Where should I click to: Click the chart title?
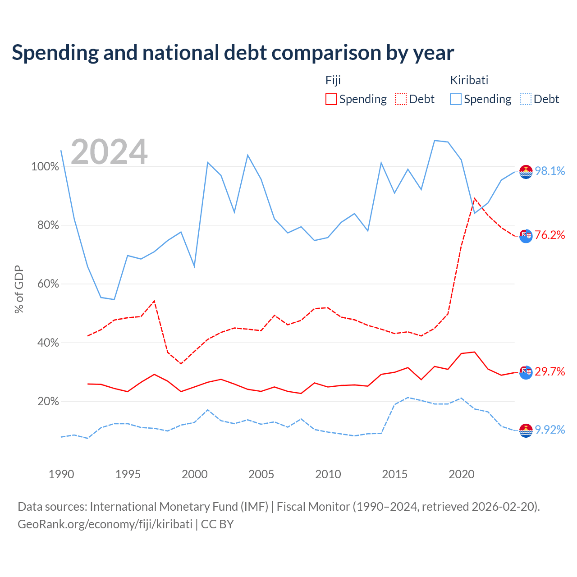(233, 53)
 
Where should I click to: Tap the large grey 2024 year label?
(109, 152)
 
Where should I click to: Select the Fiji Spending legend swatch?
(331, 99)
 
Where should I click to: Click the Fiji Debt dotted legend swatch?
(400, 99)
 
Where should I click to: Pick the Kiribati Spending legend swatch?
(455, 99)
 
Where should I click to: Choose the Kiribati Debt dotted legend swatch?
(525, 99)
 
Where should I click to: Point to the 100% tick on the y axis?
(45, 167)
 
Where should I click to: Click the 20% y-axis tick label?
(48, 401)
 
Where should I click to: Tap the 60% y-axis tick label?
(48, 284)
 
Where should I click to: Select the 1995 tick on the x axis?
(128, 474)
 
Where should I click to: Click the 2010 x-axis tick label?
(328, 474)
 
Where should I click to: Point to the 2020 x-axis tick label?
(462, 474)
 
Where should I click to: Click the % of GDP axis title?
(19, 289)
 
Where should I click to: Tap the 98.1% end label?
(550, 171)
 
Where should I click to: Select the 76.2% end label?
(550, 235)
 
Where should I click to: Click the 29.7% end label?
(550, 371)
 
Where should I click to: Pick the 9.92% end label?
(550, 430)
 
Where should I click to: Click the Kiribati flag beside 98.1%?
(526, 172)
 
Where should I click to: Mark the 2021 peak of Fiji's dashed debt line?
(475, 198)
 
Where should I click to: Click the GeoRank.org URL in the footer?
(105, 524)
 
